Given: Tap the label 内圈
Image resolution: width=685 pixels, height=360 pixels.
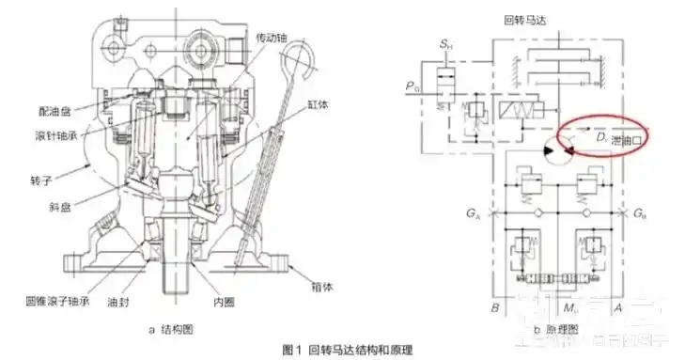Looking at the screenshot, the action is tap(222, 304).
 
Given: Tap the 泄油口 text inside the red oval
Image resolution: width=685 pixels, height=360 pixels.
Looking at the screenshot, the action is tap(625, 140).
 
